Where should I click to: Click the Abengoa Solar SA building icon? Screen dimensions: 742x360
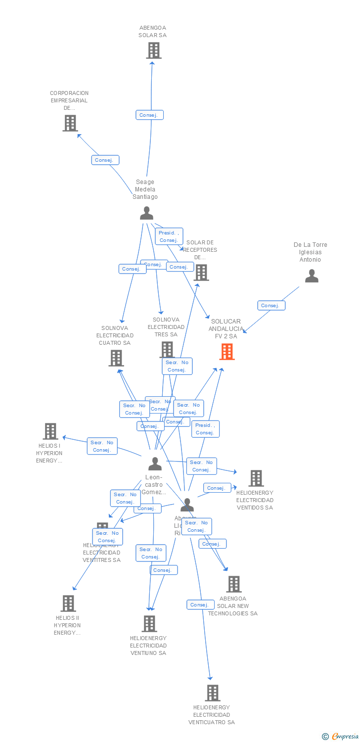[154, 50]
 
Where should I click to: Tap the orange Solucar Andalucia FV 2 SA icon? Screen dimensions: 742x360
[227, 351]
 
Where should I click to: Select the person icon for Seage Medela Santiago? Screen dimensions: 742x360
[146, 213]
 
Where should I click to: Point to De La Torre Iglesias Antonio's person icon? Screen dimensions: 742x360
[312, 276]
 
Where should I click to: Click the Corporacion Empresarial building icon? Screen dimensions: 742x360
[70, 123]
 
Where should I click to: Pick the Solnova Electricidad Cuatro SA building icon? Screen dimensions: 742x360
[116, 358]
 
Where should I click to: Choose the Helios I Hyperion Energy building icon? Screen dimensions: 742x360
[50, 431]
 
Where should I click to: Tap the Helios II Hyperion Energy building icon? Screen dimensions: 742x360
[68, 603]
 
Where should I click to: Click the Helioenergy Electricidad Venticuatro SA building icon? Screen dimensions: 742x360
[213, 693]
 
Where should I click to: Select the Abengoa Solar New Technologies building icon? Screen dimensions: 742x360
[234, 584]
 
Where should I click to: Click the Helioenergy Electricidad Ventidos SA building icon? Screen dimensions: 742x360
[256, 478]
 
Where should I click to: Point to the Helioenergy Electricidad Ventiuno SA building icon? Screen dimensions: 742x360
[149, 623]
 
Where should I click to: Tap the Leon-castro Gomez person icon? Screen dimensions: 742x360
[155, 464]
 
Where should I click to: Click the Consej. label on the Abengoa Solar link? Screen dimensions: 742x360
[149, 115]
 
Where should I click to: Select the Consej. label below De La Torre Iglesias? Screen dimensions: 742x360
[271, 305]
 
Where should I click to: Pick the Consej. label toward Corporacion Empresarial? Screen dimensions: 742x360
[105, 160]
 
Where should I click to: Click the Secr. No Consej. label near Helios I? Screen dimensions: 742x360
[102, 446]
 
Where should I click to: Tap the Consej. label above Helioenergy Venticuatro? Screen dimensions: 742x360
[200, 604]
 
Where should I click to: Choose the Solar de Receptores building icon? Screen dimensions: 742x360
[201, 272]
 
